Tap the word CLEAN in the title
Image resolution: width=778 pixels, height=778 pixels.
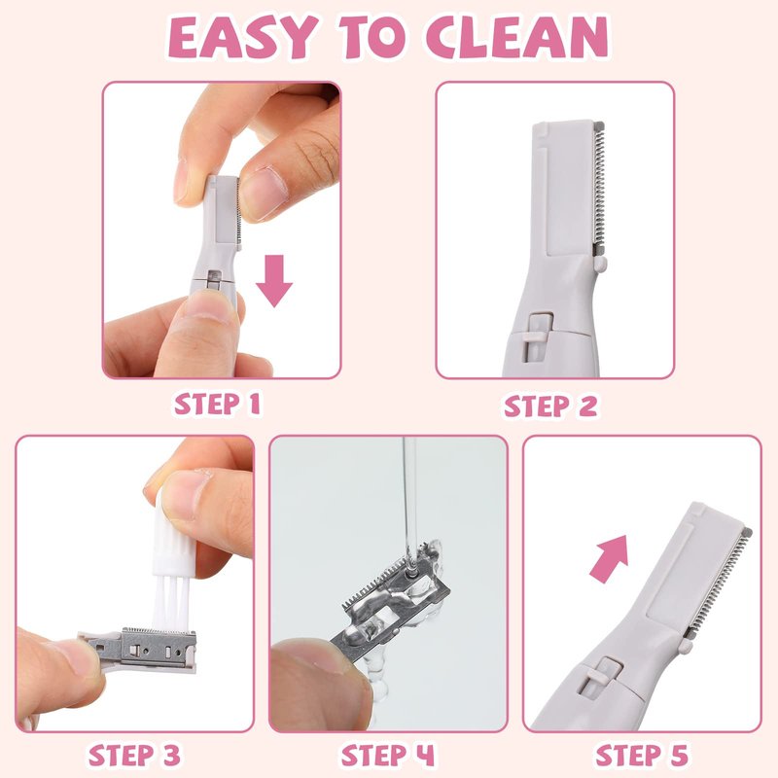click(516, 38)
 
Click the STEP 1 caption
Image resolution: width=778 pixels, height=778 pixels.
click(217, 404)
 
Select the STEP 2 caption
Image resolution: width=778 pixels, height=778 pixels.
click(550, 406)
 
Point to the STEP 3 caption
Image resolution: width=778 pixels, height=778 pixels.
click(134, 756)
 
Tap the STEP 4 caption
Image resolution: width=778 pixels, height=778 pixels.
click(387, 756)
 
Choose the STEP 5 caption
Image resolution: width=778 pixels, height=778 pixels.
click(642, 756)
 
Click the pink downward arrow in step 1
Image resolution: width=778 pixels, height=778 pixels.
click(274, 281)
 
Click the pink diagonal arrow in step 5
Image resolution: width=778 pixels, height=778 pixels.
click(610, 558)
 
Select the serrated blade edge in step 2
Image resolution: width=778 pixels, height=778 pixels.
click(599, 188)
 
